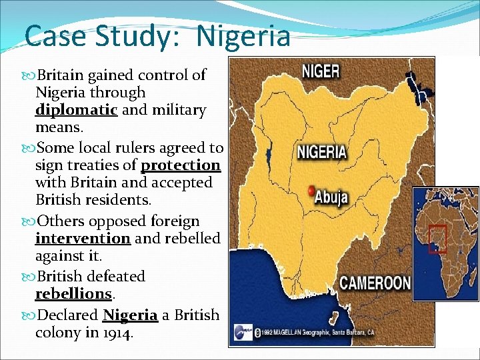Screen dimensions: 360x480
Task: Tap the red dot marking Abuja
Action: click(x=310, y=191)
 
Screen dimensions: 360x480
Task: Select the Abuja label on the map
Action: click(x=331, y=197)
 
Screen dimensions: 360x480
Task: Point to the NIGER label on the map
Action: click(x=321, y=71)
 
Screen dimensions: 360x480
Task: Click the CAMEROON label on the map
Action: click(x=375, y=282)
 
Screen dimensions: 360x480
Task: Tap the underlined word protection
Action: click(x=181, y=165)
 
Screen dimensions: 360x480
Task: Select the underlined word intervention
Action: click(x=83, y=238)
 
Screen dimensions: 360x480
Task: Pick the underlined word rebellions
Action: click(x=73, y=293)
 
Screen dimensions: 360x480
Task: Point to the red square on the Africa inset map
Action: click(x=437, y=238)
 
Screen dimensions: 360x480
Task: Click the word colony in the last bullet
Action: click(x=58, y=332)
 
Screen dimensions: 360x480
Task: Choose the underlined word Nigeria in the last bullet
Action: click(x=130, y=315)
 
